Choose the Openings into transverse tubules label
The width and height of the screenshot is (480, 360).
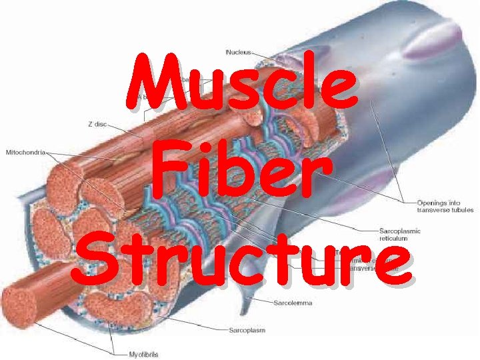coord(445,206)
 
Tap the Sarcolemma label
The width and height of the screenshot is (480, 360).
coord(293,303)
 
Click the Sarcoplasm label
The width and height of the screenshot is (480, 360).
coord(247,330)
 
